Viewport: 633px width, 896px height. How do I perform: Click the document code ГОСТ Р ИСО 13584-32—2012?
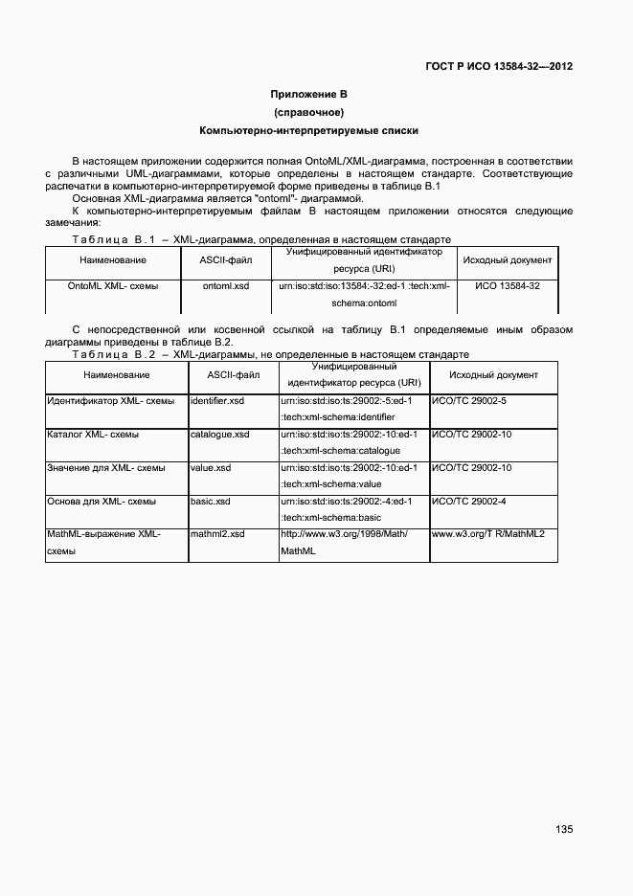[x=499, y=67]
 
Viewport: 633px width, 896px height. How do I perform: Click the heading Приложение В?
[x=308, y=94]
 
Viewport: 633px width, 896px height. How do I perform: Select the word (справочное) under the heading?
[x=308, y=112]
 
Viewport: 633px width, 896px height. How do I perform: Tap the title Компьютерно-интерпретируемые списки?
[x=308, y=130]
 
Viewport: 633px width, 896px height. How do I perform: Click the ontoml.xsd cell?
[x=226, y=286]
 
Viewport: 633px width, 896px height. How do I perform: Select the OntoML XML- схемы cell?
[x=113, y=286]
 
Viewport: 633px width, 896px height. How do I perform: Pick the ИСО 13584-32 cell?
[x=507, y=286]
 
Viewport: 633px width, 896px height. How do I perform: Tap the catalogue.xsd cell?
[x=220, y=435]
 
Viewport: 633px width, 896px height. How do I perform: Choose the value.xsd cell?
[x=211, y=468]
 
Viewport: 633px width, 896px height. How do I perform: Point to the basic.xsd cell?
[x=211, y=502]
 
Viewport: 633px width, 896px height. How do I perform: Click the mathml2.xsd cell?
[x=217, y=534]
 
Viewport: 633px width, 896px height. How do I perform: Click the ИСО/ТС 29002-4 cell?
[x=469, y=502]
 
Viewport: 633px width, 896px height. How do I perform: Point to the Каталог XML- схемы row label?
[x=93, y=435]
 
